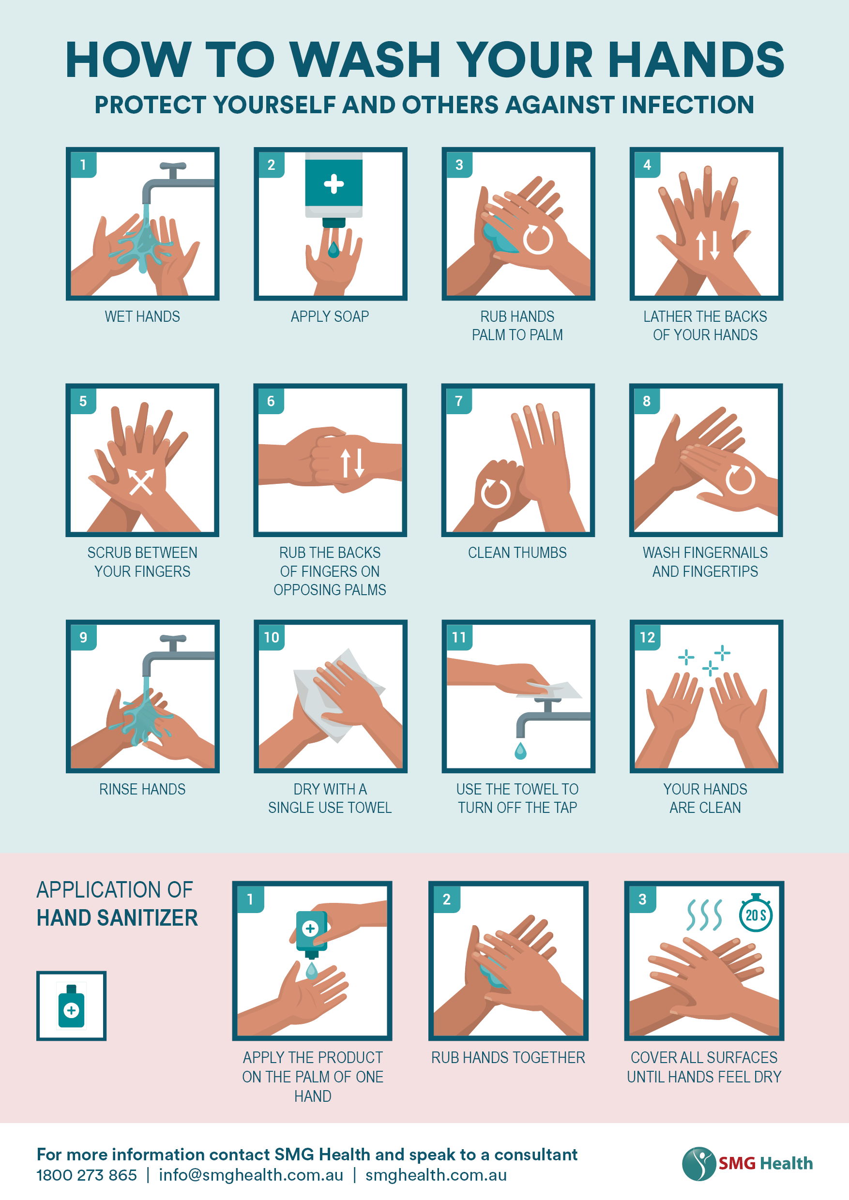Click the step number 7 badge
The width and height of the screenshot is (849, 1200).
(458, 401)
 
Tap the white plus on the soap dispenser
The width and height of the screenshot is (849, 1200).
(334, 184)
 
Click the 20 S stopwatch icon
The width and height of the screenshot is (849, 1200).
(756, 914)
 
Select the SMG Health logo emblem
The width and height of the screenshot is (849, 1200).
(698, 1163)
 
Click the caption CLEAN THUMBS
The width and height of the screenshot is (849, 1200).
(517, 553)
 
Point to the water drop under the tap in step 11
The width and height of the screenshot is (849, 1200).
(520, 750)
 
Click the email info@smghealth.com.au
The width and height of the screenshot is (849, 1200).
(251, 1175)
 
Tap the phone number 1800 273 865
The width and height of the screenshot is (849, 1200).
(87, 1175)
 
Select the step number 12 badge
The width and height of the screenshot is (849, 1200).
(647, 637)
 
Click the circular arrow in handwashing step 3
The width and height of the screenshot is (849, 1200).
(538, 240)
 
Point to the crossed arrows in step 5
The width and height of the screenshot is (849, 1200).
(141, 481)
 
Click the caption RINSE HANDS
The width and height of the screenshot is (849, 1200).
(142, 789)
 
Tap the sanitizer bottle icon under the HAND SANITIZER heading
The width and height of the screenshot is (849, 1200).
(72, 1006)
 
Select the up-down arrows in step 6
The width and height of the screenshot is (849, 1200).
(352, 463)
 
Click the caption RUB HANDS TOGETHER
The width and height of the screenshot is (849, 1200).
(508, 1058)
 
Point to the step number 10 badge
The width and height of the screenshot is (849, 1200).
(272, 637)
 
